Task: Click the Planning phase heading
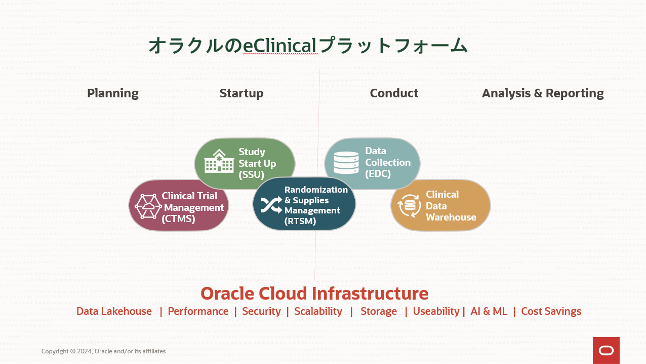pos(112,93)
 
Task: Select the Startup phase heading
pos(241,93)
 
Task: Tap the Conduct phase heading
pos(394,93)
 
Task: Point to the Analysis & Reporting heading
pos(543,93)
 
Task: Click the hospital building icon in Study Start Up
pos(219,162)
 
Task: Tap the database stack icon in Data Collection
pos(346,162)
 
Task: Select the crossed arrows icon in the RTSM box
pos(271,204)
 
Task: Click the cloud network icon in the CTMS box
pos(148,206)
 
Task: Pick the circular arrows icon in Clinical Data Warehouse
pos(409,206)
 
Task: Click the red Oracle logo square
pos(606,350)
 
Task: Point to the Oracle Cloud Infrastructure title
pos(314,294)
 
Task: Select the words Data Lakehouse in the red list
pos(114,311)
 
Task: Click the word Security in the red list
pos(261,311)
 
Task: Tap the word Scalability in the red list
pos(318,311)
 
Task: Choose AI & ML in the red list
pos(489,311)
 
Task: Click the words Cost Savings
pos(551,311)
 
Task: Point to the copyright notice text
pos(103,351)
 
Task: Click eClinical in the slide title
pos(280,46)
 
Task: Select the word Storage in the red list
pos(379,311)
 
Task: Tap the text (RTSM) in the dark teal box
pos(300,221)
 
